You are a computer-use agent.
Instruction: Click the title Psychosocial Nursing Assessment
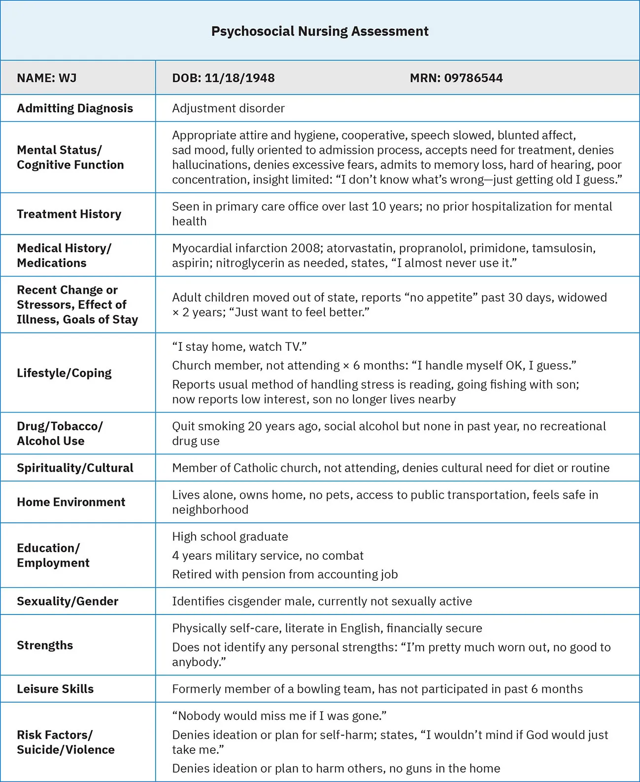pyautogui.click(x=320, y=31)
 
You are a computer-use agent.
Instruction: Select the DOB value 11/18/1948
pyautogui.click(x=239, y=78)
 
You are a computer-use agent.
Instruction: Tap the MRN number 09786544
pyautogui.click(x=473, y=78)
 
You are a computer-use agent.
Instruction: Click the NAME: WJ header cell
pyautogui.click(x=47, y=78)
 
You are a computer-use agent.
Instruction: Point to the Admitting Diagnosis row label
pyautogui.click(x=75, y=108)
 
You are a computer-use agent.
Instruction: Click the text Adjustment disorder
pyautogui.click(x=228, y=108)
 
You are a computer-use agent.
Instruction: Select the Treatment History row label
pyautogui.click(x=69, y=214)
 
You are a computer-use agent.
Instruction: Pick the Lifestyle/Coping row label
pyautogui.click(x=64, y=373)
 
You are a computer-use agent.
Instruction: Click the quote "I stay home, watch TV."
pyautogui.click(x=239, y=347)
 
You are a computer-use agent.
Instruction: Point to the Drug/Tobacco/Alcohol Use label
pyautogui.click(x=60, y=434)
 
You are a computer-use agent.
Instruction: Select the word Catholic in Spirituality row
pyautogui.click(x=257, y=468)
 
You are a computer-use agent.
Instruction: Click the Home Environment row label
pyautogui.click(x=71, y=502)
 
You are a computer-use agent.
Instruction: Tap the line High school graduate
pyautogui.click(x=230, y=537)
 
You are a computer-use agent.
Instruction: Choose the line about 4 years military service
pyautogui.click(x=268, y=556)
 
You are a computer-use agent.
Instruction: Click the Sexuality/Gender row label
pyautogui.click(x=67, y=601)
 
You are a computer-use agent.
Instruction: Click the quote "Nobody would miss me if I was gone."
pyautogui.click(x=279, y=716)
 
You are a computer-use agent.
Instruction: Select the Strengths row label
pyautogui.click(x=45, y=645)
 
